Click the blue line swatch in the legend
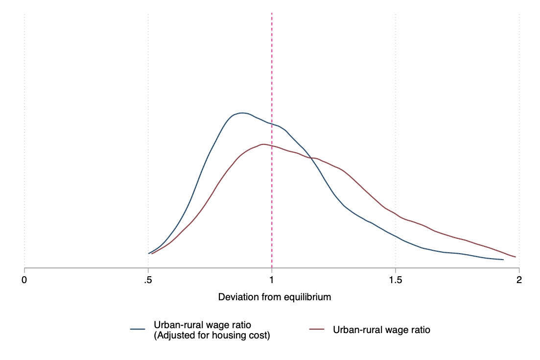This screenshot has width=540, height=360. pos(140,330)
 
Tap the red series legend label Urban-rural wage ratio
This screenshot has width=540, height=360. pos(381,330)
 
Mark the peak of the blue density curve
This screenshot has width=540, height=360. pos(241,113)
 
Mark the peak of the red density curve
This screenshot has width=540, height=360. pos(263,144)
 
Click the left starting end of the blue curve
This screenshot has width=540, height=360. pos(149,253)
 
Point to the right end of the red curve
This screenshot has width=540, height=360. pos(516,257)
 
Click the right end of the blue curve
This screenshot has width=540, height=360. pos(503,259)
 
